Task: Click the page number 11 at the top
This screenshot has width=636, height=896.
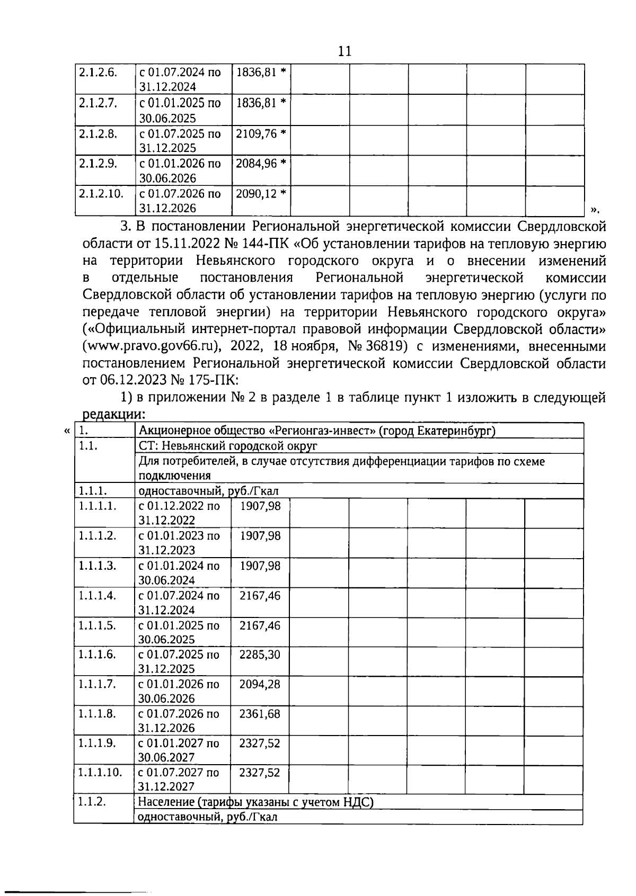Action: (x=344, y=51)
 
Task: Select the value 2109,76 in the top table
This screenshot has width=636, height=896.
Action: (x=257, y=133)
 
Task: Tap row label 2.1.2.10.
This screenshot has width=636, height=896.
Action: (x=101, y=193)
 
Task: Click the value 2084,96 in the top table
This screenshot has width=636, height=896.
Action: (x=257, y=163)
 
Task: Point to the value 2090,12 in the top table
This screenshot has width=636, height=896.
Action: (x=257, y=193)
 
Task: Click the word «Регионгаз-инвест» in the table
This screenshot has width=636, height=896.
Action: (x=307, y=431)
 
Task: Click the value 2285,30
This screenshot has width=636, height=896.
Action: (x=260, y=655)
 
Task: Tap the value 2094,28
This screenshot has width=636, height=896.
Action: (x=260, y=684)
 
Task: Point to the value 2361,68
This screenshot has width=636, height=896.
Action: (x=260, y=713)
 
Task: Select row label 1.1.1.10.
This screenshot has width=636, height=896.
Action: (x=100, y=772)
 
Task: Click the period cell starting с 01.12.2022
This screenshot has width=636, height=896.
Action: (x=179, y=513)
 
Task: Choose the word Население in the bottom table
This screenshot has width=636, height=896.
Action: (x=166, y=802)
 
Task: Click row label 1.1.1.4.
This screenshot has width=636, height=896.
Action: (x=97, y=595)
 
